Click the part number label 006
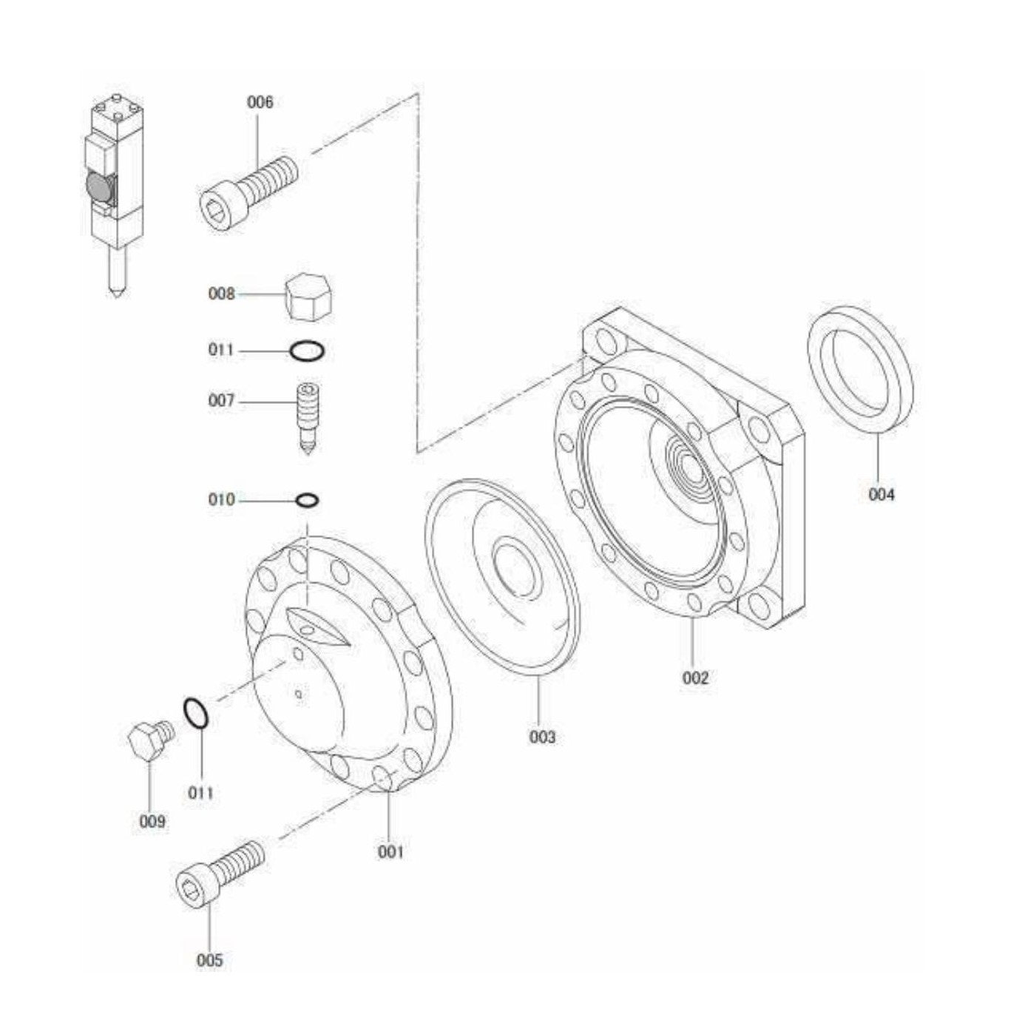[x=260, y=102]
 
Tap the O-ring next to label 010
[x=307, y=501]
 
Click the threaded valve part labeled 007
[x=308, y=417]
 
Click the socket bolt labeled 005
[x=218, y=872]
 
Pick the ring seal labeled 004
[x=859, y=368]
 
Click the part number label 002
[x=694, y=678]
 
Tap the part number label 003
[x=541, y=737]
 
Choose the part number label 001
[x=390, y=851]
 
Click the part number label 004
[x=881, y=494]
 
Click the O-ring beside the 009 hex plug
[x=196, y=714]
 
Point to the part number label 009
[x=152, y=821]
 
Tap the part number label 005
[x=209, y=960]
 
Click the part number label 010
[x=221, y=500]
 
